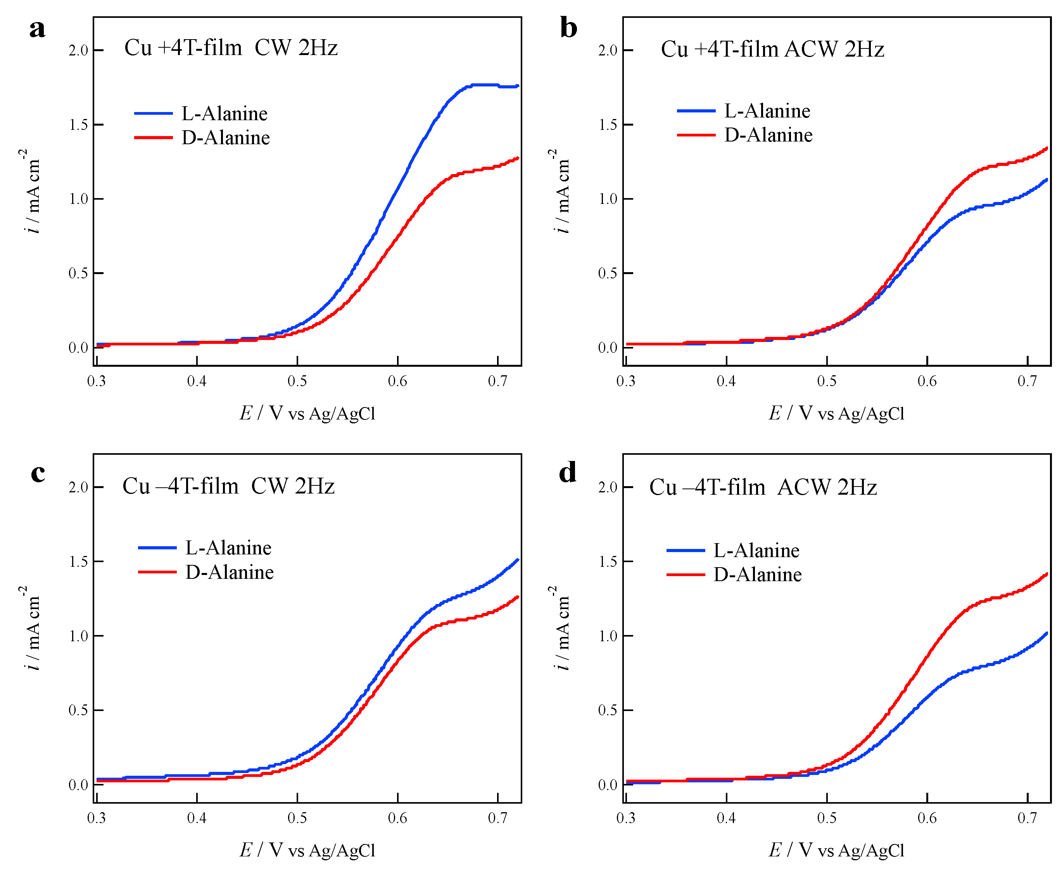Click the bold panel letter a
click(37, 29)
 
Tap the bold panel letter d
click(568, 473)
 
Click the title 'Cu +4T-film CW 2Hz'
click(230, 48)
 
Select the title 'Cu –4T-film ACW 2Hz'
click(763, 487)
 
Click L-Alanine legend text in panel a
click(224, 114)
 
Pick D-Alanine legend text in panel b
click(768, 135)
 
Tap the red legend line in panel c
click(157, 571)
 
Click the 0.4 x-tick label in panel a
click(197, 381)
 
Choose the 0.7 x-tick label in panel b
click(1027, 381)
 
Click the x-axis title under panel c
click(307, 850)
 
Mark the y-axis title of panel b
click(561, 191)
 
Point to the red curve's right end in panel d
click(1047, 574)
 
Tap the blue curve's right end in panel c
click(518, 559)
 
